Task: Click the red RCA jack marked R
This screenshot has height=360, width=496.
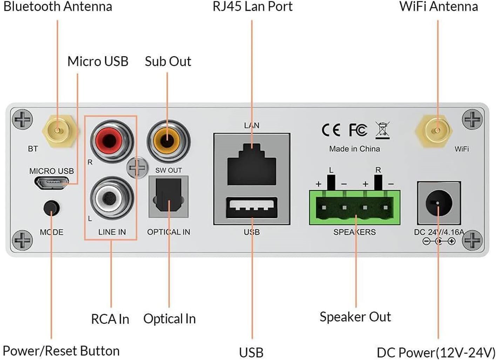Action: (111, 141)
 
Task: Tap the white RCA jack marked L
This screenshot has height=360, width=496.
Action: (111, 198)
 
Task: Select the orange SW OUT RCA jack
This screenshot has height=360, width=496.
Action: (168, 141)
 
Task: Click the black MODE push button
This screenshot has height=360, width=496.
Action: (52, 208)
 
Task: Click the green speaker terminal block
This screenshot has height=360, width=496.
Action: (354, 207)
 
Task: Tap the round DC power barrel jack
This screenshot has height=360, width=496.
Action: (439, 203)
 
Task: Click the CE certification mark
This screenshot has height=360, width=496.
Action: (331, 130)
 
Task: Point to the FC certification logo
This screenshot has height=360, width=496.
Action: (358, 130)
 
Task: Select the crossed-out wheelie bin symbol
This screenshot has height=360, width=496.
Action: (382, 130)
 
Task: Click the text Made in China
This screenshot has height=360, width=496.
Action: (354, 149)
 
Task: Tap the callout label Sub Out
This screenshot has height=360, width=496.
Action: (168, 61)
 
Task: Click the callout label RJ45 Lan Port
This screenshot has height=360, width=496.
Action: (252, 6)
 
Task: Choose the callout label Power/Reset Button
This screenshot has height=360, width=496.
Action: (61, 351)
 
